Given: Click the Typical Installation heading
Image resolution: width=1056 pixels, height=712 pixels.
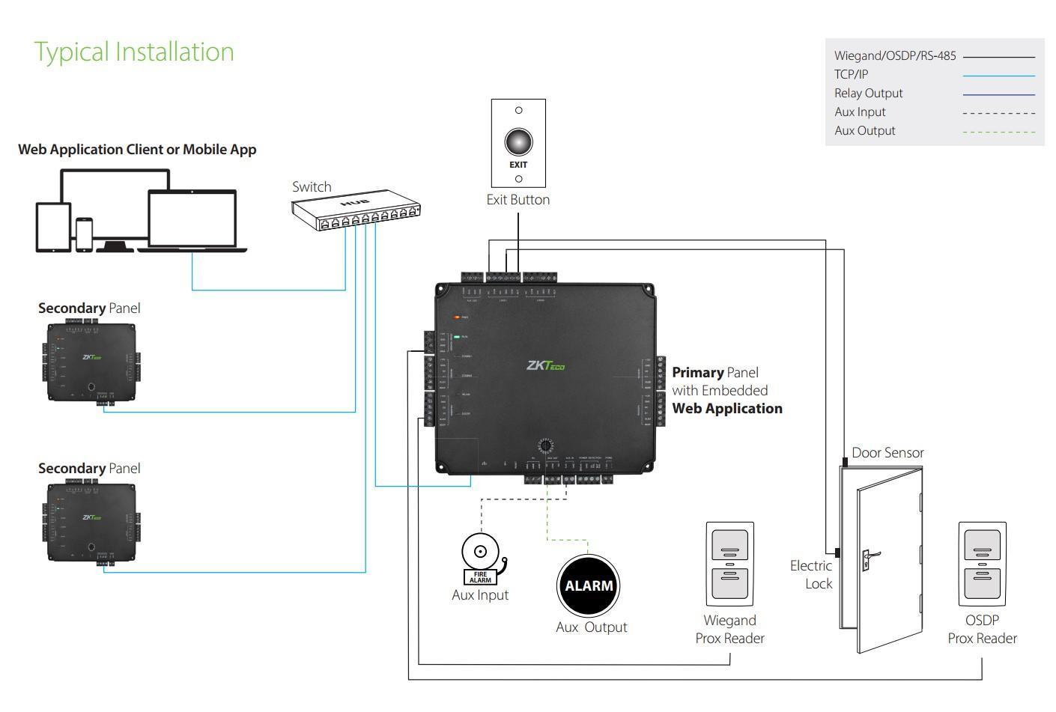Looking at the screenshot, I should tap(134, 52).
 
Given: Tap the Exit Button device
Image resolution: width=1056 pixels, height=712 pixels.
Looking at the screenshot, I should tap(518, 143).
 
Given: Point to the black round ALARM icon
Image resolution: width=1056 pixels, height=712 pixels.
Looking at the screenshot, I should tap(589, 585).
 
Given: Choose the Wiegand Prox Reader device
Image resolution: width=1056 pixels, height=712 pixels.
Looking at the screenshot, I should tap(730, 564).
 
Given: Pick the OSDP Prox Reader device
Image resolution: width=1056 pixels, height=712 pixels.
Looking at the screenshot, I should tap(982, 564).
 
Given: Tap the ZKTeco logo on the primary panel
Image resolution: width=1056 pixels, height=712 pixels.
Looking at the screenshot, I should tap(545, 366).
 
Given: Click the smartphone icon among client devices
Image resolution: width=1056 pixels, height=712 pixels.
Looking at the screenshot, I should tap(84, 234).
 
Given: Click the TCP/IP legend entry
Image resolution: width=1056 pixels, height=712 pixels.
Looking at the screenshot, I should tap(852, 74).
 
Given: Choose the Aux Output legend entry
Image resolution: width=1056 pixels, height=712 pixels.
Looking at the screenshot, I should tap(865, 130).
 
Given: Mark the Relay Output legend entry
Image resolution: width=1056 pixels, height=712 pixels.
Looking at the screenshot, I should tap(869, 93).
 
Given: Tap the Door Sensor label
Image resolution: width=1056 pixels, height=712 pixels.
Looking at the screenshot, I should tap(887, 452).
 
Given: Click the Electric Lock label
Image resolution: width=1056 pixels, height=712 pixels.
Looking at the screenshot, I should tap(811, 574).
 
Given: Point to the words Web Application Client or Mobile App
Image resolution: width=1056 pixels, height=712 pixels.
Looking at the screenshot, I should tap(137, 149).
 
